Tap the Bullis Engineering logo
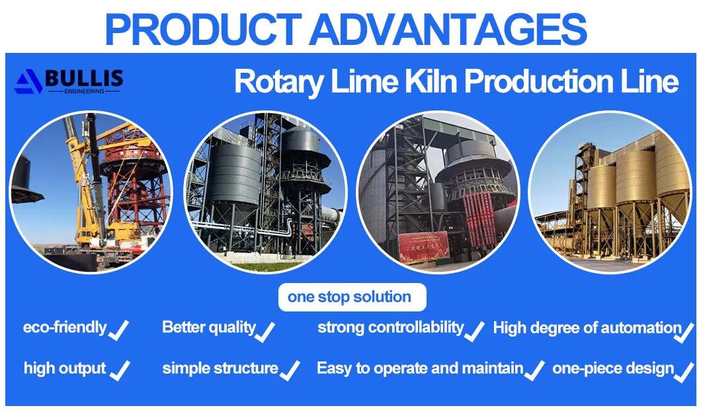(69, 81)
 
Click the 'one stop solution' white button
(349, 297)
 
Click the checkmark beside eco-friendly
(118, 329)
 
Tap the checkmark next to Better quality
(265, 330)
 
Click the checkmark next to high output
(120, 370)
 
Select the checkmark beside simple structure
(290, 370)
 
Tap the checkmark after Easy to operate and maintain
(534, 370)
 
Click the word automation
(641, 327)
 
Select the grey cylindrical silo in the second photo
(235, 179)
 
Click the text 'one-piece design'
(613, 368)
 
